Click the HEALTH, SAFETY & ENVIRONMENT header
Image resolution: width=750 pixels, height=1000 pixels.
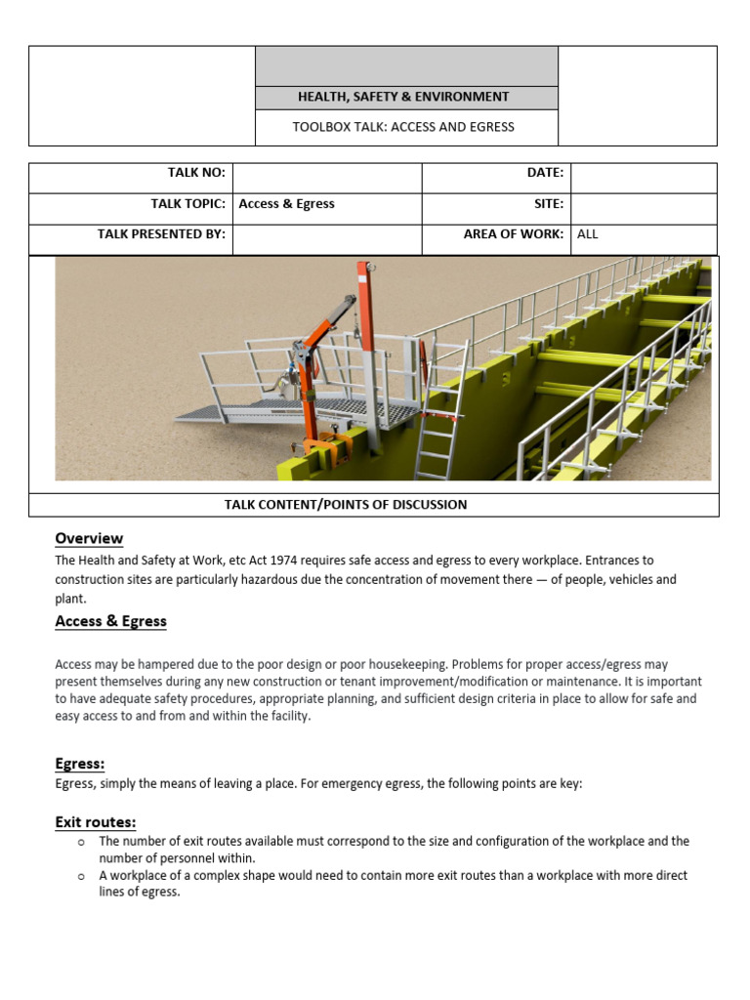[403, 97]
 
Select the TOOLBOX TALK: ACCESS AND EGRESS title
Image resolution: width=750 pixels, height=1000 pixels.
[403, 127]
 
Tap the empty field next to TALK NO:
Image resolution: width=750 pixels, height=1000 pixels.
[326, 178]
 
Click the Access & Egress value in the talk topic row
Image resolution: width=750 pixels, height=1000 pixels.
[286, 204]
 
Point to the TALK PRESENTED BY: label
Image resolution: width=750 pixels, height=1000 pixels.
[161, 234]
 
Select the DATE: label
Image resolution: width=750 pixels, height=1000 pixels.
[545, 173]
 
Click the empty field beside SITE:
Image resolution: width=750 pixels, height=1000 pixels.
[644, 209]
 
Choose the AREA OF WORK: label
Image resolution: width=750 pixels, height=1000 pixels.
[513, 234]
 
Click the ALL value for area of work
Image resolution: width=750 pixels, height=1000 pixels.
[587, 234]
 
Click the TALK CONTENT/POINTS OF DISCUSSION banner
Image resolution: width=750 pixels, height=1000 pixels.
[346, 505]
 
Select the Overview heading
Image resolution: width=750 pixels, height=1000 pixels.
[89, 538]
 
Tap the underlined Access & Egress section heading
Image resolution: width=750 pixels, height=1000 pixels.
[110, 621]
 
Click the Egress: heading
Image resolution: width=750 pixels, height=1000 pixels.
[80, 764]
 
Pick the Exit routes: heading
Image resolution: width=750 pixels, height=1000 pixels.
[96, 822]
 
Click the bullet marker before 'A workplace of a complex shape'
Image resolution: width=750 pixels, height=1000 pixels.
[81, 877]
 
